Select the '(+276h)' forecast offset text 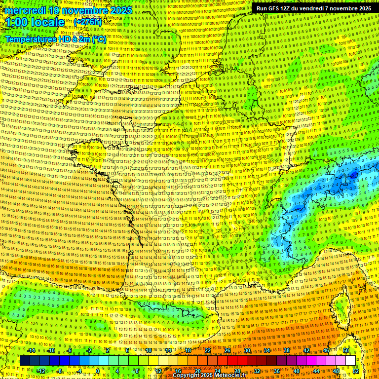coord(88,22)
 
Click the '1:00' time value coord(17,22)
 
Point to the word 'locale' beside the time coord(48,22)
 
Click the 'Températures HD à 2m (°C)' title coord(56,38)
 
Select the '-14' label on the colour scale coord(31,350)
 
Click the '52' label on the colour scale coord(356,371)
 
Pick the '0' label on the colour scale coord(98,371)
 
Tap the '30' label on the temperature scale coord(247,350)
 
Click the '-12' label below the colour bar coord(41,371)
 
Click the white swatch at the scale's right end coord(350,361)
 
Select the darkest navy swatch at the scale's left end coord(25,361)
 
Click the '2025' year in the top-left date coord(120,10)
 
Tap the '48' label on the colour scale coord(336,371)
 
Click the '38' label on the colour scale coord(287,350)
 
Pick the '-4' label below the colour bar coord(79,371)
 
